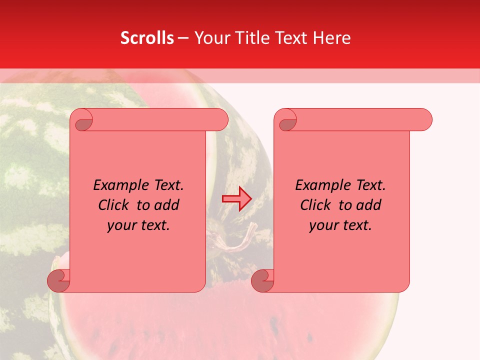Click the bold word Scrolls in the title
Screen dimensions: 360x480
click(147, 38)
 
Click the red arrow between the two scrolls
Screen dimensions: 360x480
click(236, 198)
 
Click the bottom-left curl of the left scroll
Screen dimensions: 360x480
click(59, 280)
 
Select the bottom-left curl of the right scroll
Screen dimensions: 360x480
click(263, 280)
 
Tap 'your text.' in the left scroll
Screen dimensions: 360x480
click(138, 225)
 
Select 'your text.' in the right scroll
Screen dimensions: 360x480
click(340, 225)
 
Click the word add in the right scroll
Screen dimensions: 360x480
click(369, 205)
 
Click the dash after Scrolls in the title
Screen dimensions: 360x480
click(183, 38)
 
